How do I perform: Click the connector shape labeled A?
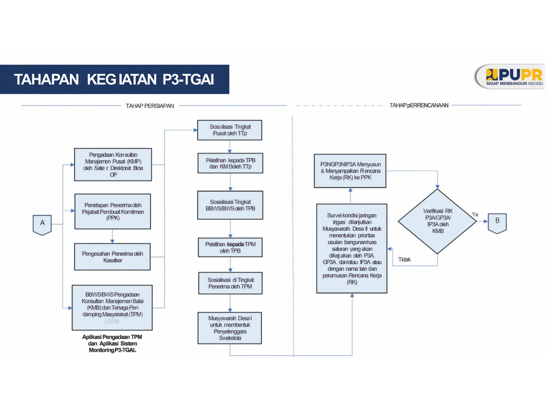[42, 224]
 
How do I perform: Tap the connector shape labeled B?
[497, 223]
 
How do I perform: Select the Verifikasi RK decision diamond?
[437, 221]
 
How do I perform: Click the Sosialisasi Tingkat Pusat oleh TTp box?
[230, 130]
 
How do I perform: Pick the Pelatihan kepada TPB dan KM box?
[230, 163]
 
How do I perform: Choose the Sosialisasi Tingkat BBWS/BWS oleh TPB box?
[230, 205]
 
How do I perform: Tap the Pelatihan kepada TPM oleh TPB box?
[230, 247]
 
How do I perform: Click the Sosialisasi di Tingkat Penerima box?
[230, 283]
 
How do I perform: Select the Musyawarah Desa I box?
[230, 328]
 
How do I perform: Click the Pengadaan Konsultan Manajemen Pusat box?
[113, 165]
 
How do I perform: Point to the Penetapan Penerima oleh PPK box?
[113, 211]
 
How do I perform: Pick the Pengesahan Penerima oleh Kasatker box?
[113, 257]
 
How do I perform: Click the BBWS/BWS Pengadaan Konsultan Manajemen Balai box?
[112, 308]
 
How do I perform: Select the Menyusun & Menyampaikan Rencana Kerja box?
[350, 171]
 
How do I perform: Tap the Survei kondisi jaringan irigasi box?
[352, 248]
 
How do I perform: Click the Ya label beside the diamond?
[475, 214]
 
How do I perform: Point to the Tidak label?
[404, 259]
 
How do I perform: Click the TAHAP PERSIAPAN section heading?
[150, 106]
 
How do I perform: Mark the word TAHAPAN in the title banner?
[46, 79]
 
